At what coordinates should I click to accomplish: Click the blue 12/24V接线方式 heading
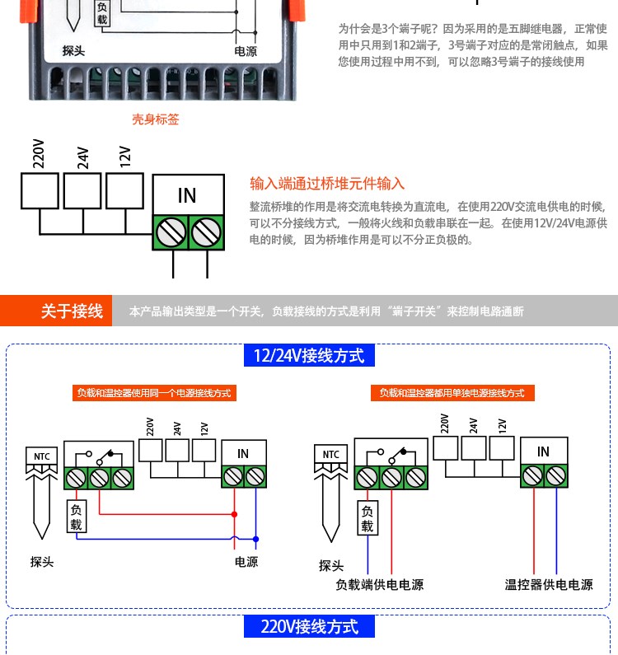pos(309,355)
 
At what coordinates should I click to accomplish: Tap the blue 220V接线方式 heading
pos(309,626)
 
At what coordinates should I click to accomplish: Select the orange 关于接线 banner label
pos(72,311)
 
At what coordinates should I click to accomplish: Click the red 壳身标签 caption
pos(156,119)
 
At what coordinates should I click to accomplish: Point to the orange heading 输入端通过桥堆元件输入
pos(327,184)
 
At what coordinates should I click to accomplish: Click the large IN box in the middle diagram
pos(189,194)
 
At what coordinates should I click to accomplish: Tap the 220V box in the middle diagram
pos(40,191)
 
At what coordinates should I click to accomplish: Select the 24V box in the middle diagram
pos(82,191)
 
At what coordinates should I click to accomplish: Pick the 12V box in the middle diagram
pos(125,191)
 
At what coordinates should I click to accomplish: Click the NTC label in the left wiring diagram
pos(42,456)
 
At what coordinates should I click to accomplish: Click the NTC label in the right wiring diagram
pos(331,455)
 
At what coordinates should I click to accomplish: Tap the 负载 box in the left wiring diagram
pos(77,517)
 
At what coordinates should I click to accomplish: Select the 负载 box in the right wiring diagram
pos(368,518)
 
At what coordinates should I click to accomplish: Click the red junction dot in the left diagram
pos(234,514)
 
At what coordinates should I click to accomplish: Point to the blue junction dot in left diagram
pos(255,539)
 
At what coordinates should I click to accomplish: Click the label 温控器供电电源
pos(549,584)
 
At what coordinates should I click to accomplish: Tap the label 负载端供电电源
pos(379,584)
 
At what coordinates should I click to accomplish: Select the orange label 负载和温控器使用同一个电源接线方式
pos(154,393)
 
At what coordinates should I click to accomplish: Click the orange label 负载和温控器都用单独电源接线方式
pos(452,393)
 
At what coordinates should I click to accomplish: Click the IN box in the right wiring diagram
pos(544,451)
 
